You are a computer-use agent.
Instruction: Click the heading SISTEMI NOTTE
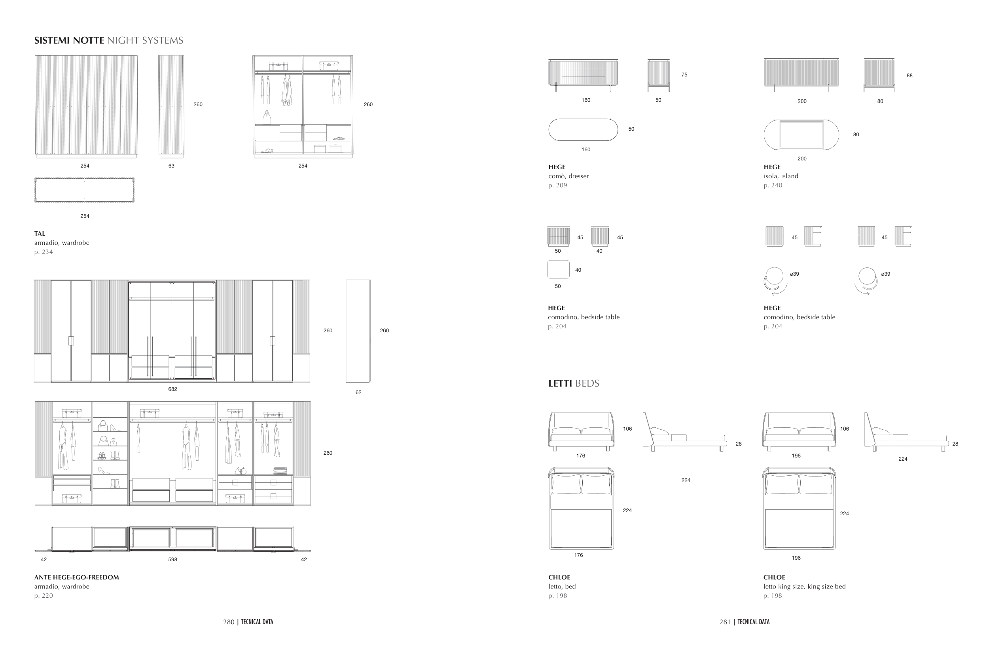point(69,40)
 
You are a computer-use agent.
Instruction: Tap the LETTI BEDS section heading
point(574,383)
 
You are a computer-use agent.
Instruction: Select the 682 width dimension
point(172,389)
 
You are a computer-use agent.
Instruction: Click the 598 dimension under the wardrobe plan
point(172,560)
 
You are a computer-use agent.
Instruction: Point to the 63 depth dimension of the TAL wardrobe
point(171,166)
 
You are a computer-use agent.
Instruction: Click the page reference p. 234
point(44,252)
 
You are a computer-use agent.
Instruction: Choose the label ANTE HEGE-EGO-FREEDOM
point(76,577)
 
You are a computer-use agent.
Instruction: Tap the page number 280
point(229,622)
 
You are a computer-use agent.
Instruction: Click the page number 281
point(725,622)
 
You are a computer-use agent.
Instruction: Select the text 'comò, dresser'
point(568,176)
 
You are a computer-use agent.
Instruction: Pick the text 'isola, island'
point(781,176)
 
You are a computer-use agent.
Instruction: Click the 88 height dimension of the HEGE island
point(909,76)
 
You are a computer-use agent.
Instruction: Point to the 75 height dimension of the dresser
point(684,75)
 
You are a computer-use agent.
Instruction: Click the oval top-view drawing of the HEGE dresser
point(583,130)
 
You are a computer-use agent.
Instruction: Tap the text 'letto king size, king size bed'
point(805,587)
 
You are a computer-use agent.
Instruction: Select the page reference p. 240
point(773,185)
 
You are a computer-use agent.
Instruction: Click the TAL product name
point(40,234)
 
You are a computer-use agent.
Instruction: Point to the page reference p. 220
point(44,596)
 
